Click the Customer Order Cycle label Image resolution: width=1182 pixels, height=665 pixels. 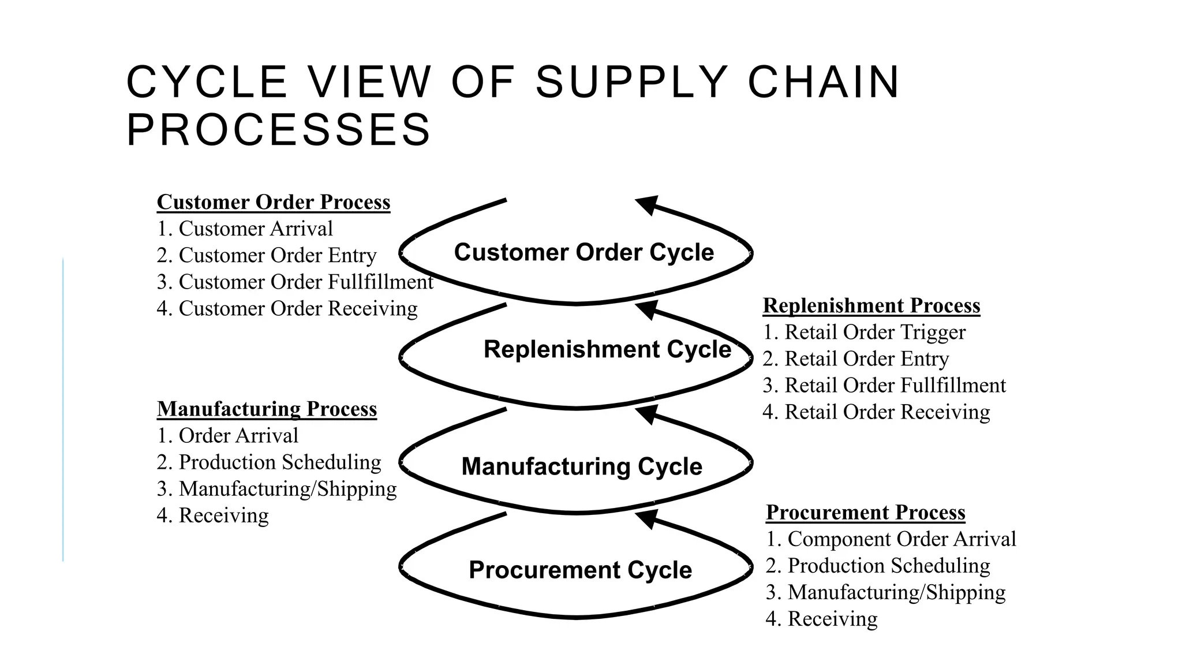(583, 252)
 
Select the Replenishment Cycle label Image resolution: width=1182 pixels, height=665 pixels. (607, 349)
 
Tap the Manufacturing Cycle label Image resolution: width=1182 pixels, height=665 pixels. (582, 466)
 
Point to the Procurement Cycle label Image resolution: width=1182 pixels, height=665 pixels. (580, 570)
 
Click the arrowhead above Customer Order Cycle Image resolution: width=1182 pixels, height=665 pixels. (648, 204)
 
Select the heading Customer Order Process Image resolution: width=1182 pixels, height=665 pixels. (274, 202)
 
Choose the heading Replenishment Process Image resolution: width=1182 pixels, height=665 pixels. (871, 305)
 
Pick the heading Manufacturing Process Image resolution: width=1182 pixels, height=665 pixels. (267, 409)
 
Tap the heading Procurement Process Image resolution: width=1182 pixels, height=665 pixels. (865, 512)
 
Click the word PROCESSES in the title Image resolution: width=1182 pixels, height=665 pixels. (278, 130)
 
